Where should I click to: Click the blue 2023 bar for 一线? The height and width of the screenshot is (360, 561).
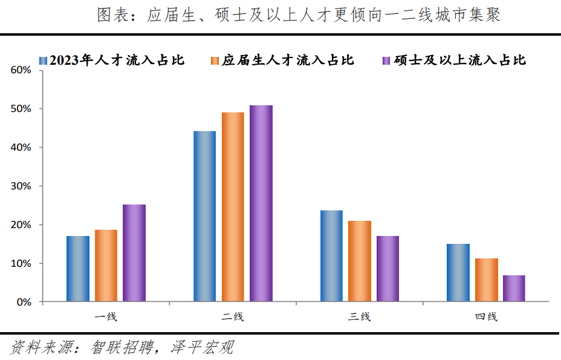coord(78,269)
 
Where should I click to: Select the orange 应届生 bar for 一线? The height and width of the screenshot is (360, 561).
coord(106,266)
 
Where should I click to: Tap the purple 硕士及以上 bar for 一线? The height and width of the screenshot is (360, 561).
coord(134,253)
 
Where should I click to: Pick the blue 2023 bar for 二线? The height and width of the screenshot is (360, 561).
coord(204,216)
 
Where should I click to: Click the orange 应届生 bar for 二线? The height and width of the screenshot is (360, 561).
coord(233,207)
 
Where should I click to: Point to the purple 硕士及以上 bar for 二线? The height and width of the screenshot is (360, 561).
coord(261,203)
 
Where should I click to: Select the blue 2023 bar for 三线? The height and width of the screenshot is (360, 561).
coord(331,256)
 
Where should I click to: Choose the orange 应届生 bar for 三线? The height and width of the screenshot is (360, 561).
coord(360,261)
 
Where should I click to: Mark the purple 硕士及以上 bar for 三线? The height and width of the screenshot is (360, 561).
coord(388,269)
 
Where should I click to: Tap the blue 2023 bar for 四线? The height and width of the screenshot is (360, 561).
coord(458,273)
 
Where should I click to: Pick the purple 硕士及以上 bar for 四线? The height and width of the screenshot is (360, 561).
coord(514,289)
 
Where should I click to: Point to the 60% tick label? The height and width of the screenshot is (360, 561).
coord(21,70)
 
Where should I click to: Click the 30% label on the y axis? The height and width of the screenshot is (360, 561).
coord(21,186)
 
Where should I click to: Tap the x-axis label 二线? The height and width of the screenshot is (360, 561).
coord(233,316)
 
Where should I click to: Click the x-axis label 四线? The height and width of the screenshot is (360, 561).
coord(486,316)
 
